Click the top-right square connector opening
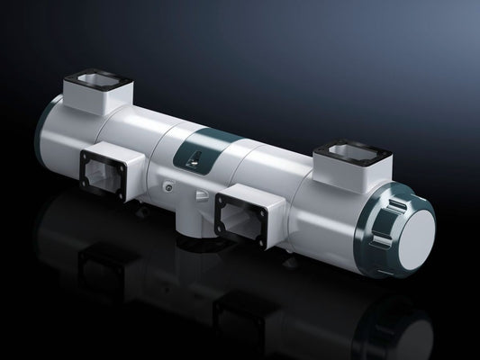[x=346, y=149]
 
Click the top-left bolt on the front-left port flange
[x=86, y=154]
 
